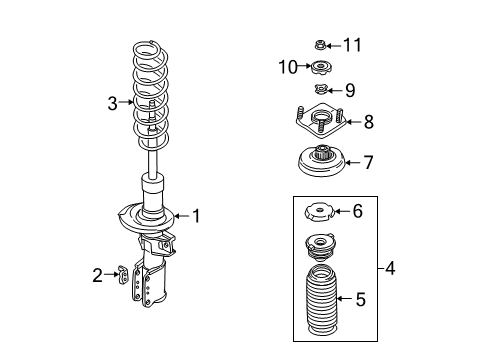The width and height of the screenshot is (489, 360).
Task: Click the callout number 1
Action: pyautogui.click(x=197, y=214)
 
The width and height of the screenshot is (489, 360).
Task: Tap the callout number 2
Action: pyautogui.click(x=97, y=274)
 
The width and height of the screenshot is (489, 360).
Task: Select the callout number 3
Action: pyautogui.click(x=113, y=101)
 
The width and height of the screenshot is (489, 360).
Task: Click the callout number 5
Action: pyautogui.click(x=362, y=298)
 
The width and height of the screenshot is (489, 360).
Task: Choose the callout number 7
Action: pyautogui.click(x=368, y=161)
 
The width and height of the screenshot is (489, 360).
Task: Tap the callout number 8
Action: pyautogui.click(x=368, y=122)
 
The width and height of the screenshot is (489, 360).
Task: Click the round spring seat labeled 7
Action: pyautogui.click(x=322, y=161)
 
